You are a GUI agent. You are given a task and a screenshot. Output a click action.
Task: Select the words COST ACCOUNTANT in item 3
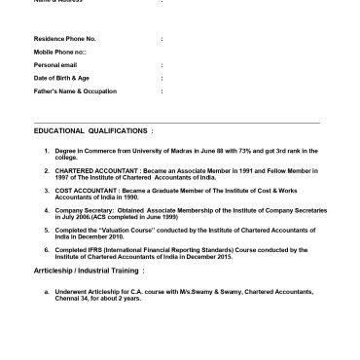pos(80,190)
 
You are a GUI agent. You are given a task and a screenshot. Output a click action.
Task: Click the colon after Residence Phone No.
pos(162,40)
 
